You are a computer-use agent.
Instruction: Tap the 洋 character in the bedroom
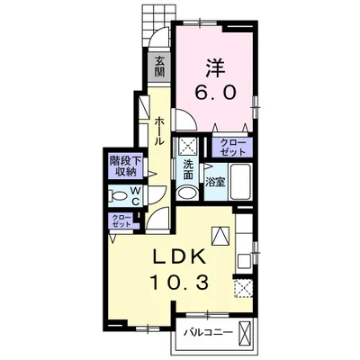point(215,67)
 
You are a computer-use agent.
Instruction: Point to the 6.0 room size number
point(215,92)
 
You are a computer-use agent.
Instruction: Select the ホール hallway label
point(159,130)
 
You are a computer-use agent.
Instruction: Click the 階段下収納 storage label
point(125,166)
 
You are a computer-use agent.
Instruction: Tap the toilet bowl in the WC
point(118,196)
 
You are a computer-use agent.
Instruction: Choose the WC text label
point(135,196)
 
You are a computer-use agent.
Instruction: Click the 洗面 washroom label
point(188,170)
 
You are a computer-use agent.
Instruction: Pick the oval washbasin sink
point(187,193)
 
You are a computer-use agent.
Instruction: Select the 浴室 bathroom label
point(215,182)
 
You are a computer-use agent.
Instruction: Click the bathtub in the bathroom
point(241,182)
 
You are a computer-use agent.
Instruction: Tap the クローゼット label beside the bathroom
point(232,148)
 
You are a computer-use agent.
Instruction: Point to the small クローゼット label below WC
point(121,220)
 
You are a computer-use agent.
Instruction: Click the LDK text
point(180,257)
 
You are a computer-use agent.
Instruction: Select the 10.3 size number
point(179,282)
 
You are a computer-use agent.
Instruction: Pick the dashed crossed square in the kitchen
point(243,287)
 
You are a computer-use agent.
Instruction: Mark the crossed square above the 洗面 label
point(187,147)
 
